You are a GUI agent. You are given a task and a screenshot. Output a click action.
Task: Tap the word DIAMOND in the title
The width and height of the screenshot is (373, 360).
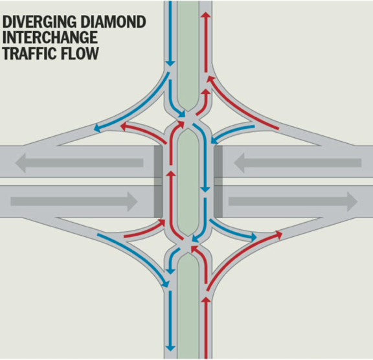click(x=118, y=22)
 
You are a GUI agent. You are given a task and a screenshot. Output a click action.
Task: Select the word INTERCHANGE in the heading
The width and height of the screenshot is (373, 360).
click(x=50, y=38)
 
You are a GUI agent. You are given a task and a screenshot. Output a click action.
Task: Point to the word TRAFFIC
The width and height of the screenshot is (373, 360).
click(x=28, y=53)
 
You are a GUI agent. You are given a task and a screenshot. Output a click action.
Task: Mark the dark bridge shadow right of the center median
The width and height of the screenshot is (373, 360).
click(x=218, y=181)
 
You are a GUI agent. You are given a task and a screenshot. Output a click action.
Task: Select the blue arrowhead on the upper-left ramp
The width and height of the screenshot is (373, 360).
click(x=96, y=128)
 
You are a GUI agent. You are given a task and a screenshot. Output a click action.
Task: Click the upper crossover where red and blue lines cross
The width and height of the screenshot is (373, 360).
click(x=188, y=120)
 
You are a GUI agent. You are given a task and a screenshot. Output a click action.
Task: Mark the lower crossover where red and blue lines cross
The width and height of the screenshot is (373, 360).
click(x=188, y=245)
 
